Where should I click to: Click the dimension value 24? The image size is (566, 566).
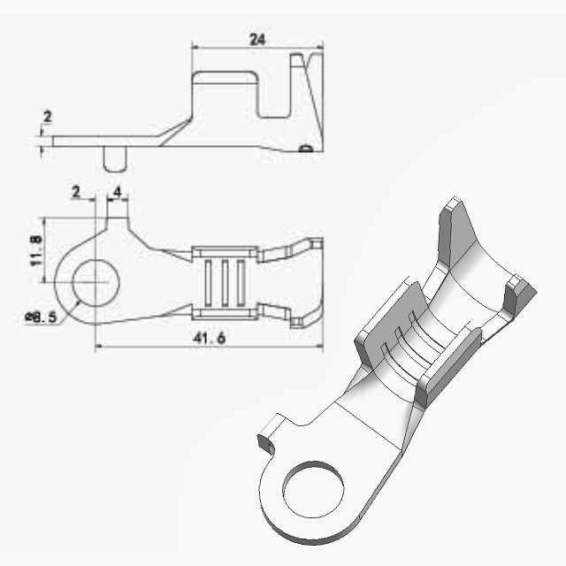[x=257, y=39]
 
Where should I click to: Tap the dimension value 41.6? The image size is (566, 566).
[x=210, y=338]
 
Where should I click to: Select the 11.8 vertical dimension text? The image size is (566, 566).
[x=36, y=250]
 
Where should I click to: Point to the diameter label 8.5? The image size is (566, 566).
[x=42, y=317]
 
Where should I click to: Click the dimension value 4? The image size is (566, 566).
[x=118, y=192]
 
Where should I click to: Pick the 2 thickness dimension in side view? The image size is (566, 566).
[x=47, y=117]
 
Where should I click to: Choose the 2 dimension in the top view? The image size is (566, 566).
[x=76, y=192]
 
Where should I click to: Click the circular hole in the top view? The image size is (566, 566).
[x=96, y=283]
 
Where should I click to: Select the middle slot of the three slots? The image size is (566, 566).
[x=225, y=283]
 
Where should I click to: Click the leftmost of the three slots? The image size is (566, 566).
[x=209, y=283]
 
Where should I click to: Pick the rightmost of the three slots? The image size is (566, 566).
[x=241, y=283]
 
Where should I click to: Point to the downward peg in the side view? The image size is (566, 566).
[x=115, y=158]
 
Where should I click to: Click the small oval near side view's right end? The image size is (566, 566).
[x=306, y=148]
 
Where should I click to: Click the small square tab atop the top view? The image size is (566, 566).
[x=118, y=224]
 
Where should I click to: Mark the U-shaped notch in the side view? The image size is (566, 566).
[x=275, y=96]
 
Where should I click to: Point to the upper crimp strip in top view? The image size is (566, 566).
[x=225, y=252]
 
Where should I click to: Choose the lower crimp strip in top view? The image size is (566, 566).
[x=225, y=314]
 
